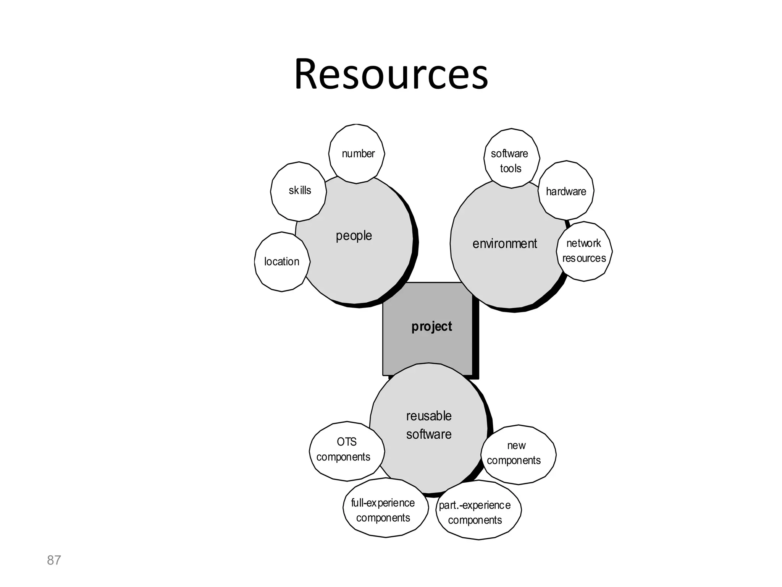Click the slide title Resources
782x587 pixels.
tap(391, 74)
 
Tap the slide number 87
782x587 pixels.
tap(54, 560)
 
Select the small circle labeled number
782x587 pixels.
tap(357, 154)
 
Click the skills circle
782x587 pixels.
tap(299, 191)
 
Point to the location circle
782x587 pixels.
tap(282, 262)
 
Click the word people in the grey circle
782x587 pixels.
tap(354, 236)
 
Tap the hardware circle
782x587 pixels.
tap(566, 191)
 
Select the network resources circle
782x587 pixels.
tap(584, 251)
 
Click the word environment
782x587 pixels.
tap(505, 244)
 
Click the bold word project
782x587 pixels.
tap(431, 326)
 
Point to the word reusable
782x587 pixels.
tap(429, 416)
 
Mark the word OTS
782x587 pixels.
tap(347, 442)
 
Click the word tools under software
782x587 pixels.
tap(511, 169)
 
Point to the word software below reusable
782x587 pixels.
tap(429, 435)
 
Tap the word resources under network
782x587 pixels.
tap(584, 258)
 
